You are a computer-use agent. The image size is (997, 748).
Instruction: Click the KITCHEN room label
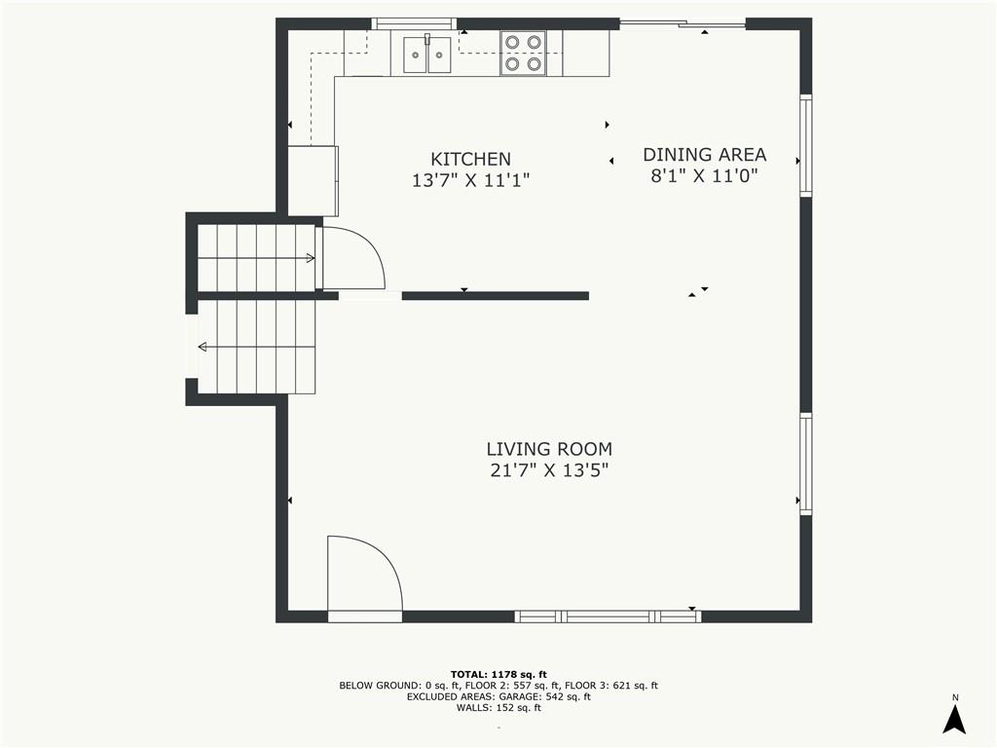[x=470, y=159]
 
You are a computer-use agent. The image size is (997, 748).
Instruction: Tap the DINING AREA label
[x=705, y=155]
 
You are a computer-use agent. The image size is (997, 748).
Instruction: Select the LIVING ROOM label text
[x=549, y=449]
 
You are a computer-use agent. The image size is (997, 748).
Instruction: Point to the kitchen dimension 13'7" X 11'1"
[x=470, y=180]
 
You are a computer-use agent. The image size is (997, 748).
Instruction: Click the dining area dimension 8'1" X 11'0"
[x=705, y=175]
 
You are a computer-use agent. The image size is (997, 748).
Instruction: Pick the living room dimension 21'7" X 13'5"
[x=549, y=470]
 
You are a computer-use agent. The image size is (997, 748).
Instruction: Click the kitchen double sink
[x=427, y=55]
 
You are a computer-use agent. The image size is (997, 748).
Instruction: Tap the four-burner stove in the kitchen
[x=523, y=54]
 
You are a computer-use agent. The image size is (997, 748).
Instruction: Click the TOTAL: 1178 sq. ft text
[x=498, y=674]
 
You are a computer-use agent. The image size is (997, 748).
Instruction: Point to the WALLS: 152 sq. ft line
[x=498, y=707]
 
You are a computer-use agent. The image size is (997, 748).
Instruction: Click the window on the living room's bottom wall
[x=608, y=617]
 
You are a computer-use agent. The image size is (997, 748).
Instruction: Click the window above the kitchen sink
[x=414, y=23]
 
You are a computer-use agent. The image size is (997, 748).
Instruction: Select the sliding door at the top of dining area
[x=683, y=24]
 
